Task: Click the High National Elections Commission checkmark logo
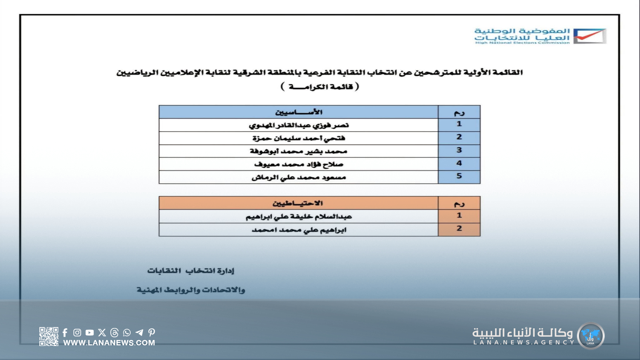pyautogui.click(x=589, y=36)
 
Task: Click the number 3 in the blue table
pyautogui.click(x=459, y=150)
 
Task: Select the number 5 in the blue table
pyautogui.click(x=459, y=176)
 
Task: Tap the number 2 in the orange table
pyautogui.click(x=459, y=229)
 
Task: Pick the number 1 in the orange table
pyautogui.click(x=459, y=216)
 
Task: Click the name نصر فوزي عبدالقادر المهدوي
pyautogui.click(x=299, y=125)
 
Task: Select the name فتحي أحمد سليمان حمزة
pyautogui.click(x=299, y=138)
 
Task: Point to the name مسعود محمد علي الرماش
pyautogui.click(x=299, y=177)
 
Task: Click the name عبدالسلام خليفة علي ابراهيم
pyautogui.click(x=299, y=217)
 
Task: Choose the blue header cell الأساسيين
pyautogui.click(x=299, y=112)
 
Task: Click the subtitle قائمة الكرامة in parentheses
pyautogui.click(x=320, y=87)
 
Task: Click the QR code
pyautogui.click(x=49, y=336)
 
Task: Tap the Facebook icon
pyautogui.click(x=65, y=332)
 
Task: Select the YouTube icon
pyautogui.click(x=89, y=332)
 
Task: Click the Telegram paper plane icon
pyautogui.click(x=139, y=332)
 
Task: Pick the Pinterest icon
pyautogui.click(x=152, y=332)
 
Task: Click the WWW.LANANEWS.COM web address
pyautogui.click(x=109, y=343)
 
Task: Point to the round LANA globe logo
pyautogui.click(x=590, y=336)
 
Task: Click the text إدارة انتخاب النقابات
pyautogui.click(x=191, y=271)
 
